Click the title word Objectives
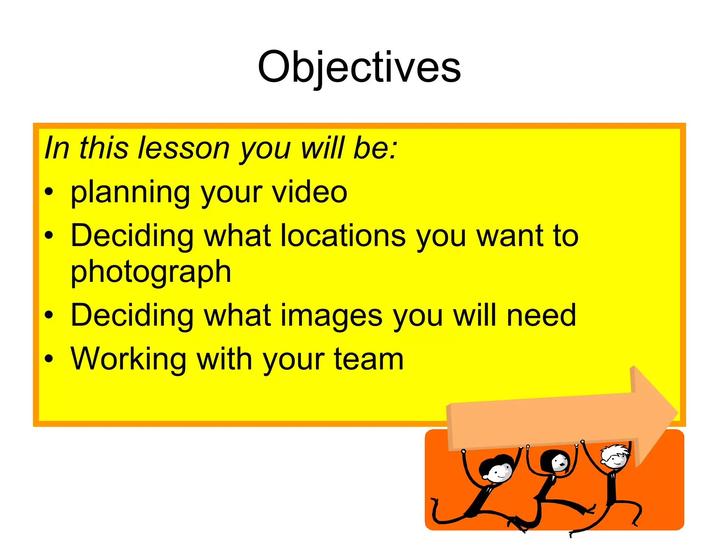pyautogui.click(x=359, y=67)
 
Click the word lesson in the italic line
pyautogui.click(x=184, y=148)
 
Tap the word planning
pyautogui.click(x=130, y=192)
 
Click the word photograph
pyautogui.click(x=151, y=272)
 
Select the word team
pyautogui.click(x=369, y=359)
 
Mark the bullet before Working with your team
pyautogui.click(x=49, y=359)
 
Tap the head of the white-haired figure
pyautogui.click(x=615, y=456)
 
